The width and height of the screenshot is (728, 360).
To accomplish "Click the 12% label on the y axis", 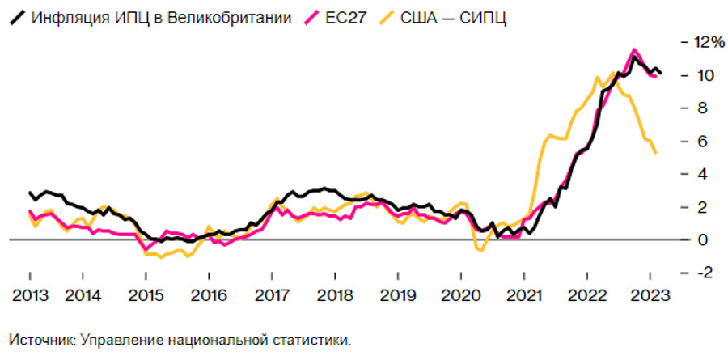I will (701, 41).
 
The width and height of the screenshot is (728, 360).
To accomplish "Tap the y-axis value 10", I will (698, 75).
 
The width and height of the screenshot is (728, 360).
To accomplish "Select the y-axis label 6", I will (694, 141).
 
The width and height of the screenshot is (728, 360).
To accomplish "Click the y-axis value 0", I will (694, 240).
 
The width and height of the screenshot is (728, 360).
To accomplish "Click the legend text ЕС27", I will (343, 17).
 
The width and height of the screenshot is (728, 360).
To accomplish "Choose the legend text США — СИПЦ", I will (453, 17).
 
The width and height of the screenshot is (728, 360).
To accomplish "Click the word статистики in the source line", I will (316, 340).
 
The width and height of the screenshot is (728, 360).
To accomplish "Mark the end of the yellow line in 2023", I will (655, 153).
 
